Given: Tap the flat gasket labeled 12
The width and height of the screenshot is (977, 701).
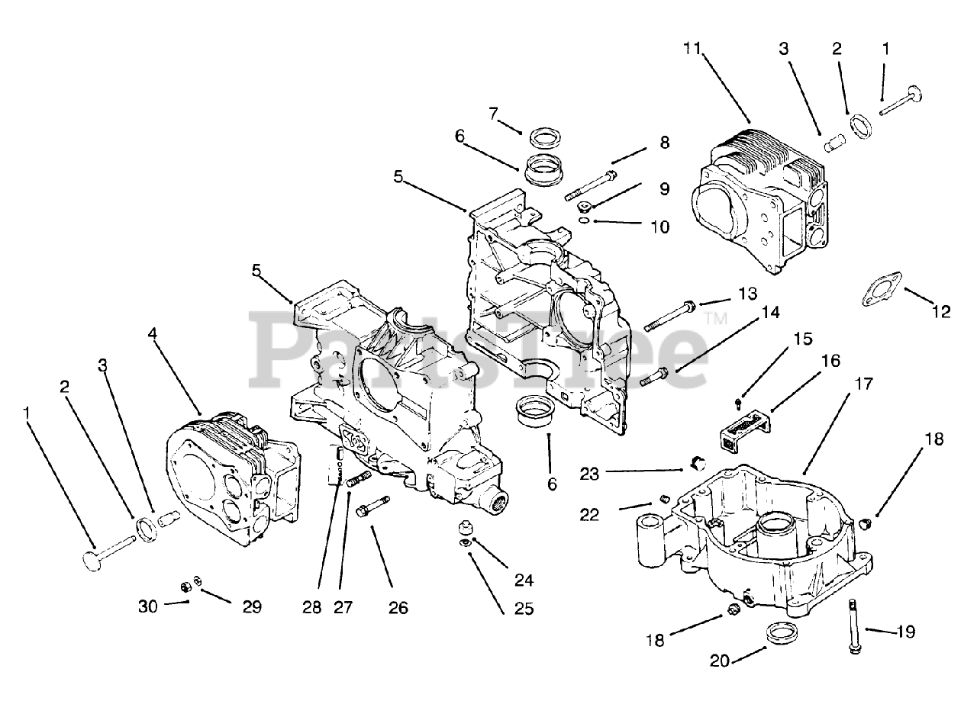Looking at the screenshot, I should pyautogui.click(x=879, y=293).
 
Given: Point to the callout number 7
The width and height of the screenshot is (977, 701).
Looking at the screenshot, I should pyautogui.click(x=494, y=114).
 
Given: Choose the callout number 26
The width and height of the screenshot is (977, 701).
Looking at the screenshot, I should pyautogui.click(x=398, y=608).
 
